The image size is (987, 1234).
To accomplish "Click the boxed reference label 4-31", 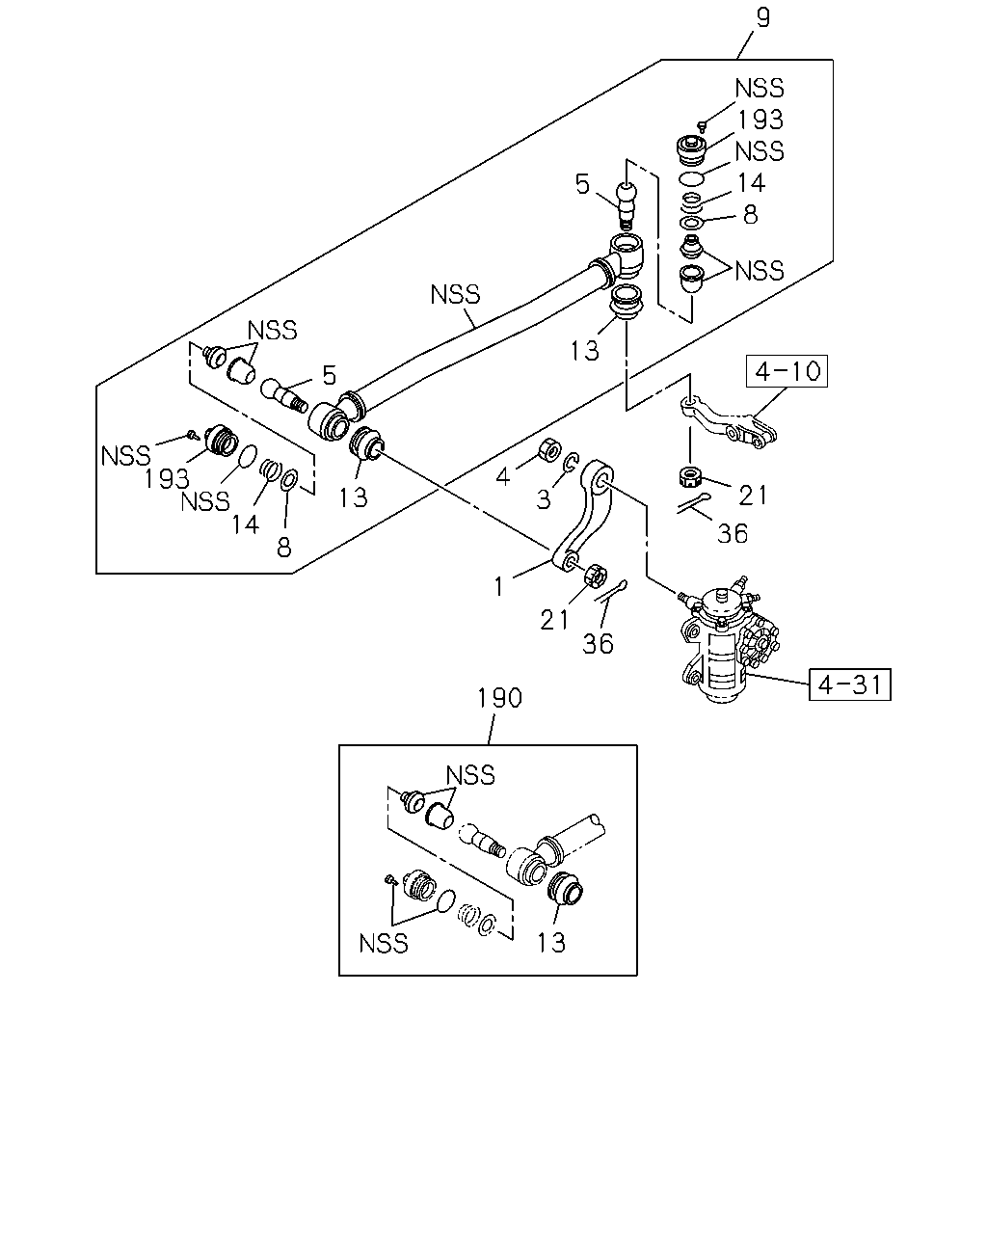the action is (849, 684).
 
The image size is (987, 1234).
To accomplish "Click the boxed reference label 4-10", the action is (787, 371).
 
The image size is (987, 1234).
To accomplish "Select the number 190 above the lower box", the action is (499, 698).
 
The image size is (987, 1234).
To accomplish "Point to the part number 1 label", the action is (499, 586).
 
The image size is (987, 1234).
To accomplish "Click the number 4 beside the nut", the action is (503, 476).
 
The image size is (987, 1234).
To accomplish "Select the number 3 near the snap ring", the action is (543, 499).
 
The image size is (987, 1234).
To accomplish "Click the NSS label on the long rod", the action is (455, 295).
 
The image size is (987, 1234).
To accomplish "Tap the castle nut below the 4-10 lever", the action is (689, 476).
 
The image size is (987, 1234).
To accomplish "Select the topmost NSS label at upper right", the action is (760, 89).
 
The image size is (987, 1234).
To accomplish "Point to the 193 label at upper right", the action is (760, 120).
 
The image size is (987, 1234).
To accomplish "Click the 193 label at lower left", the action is (167, 479).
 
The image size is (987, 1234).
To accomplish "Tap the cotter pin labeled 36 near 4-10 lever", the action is (694, 503).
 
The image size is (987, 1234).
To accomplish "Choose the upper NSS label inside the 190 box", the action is (470, 775).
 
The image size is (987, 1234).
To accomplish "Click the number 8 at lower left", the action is (284, 547).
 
